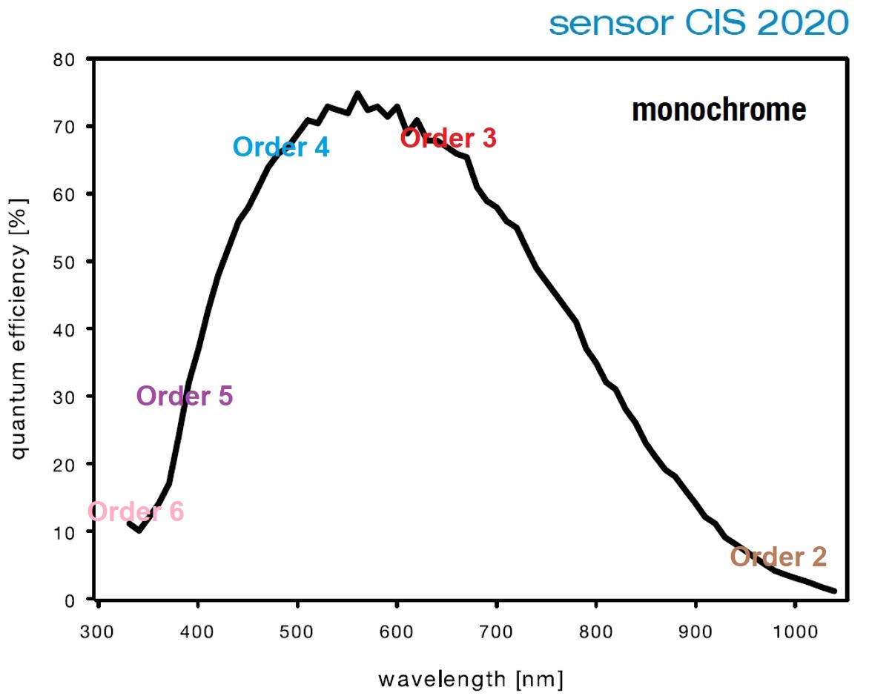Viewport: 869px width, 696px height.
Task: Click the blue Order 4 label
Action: coord(281,147)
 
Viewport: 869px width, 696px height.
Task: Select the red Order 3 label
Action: coord(448,138)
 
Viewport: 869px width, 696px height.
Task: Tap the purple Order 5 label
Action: coord(185,397)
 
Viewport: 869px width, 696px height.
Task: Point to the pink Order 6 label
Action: coord(136,511)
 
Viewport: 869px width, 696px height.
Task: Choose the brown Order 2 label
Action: coord(778,557)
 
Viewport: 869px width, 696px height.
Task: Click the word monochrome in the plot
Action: coord(718,110)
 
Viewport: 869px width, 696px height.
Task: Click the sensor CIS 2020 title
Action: coord(698,23)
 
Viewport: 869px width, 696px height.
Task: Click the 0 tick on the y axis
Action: coord(70,599)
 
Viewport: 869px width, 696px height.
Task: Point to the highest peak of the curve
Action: coord(357,93)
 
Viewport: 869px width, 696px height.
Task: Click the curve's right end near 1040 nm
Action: coord(834,591)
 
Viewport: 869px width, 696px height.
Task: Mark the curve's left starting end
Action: coord(129,523)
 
